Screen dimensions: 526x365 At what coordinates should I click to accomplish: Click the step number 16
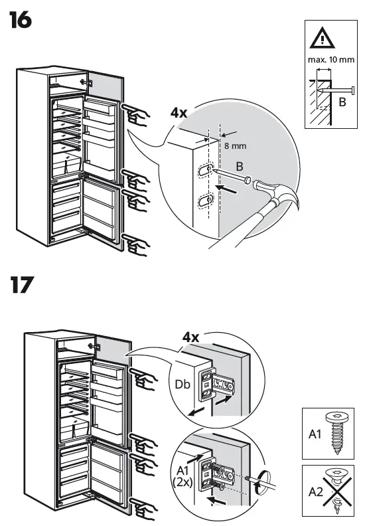coord(21,21)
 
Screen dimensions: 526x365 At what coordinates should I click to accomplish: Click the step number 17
coord(21,286)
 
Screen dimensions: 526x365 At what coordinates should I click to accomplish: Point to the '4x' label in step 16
coord(179,113)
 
